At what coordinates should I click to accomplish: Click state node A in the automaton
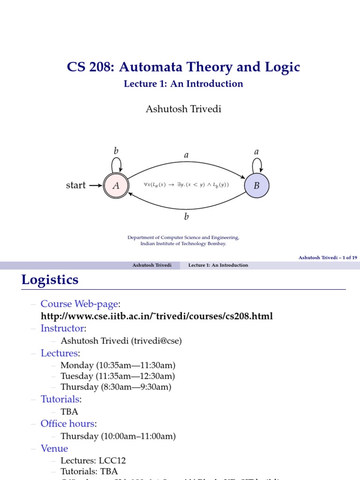pyautogui.click(x=116, y=186)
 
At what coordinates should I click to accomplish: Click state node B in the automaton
pyautogui.click(x=256, y=186)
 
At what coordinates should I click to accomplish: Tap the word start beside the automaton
pyautogui.click(x=76, y=186)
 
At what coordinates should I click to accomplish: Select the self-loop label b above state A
pyautogui.click(x=116, y=151)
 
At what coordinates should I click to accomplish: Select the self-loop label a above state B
pyautogui.click(x=256, y=151)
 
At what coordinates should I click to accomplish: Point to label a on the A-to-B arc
pyautogui.click(x=186, y=155)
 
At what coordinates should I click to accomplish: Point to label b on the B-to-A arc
pyautogui.click(x=186, y=217)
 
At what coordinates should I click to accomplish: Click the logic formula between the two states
pyautogui.click(x=186, y=185)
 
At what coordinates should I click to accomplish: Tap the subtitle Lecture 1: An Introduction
pyautogui.click(x=183, y=84)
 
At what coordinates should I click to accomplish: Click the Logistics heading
pyautogui.click(x=50, y=280)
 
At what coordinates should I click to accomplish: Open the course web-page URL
pyautogui.click(x=157, y=316)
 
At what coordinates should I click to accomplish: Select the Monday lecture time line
pyautogui.click(x=118, y=365)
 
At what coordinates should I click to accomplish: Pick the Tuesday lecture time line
pyautogui.click(x=118, y=376)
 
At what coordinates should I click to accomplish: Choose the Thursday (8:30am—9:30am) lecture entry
pyautogui.click(x=116, y=387)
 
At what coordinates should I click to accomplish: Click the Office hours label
pyautogui.click(x=68, y=424)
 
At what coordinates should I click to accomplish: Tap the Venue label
pyautogui.click(x=54, y=448)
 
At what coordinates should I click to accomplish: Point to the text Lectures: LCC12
pyautogui.click(x=93, y=460)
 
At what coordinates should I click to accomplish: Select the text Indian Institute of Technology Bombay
pyautogui.click(x=183, y=244)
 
